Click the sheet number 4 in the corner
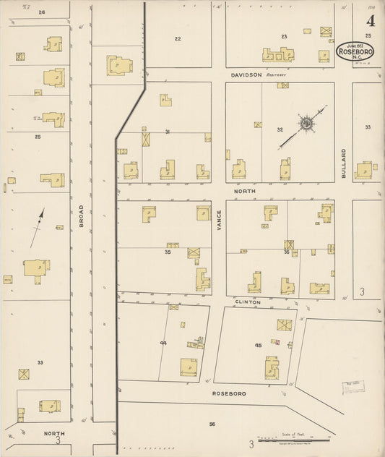(x=371, y=20)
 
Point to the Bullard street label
(x=344, y=163)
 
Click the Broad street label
(x=82, y=216)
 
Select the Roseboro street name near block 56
(x=229, y=393)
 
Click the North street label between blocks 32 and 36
(x=246, y=191)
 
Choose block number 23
(x=284, y=36)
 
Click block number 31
(x=167, y=132)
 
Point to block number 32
(x=280, y=131)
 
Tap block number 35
(x=167, y=252)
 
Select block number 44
(x=163, y=343)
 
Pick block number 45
(x=258, y=346)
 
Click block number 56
(x=212, y=424)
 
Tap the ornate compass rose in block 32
(x=306, y=124)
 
